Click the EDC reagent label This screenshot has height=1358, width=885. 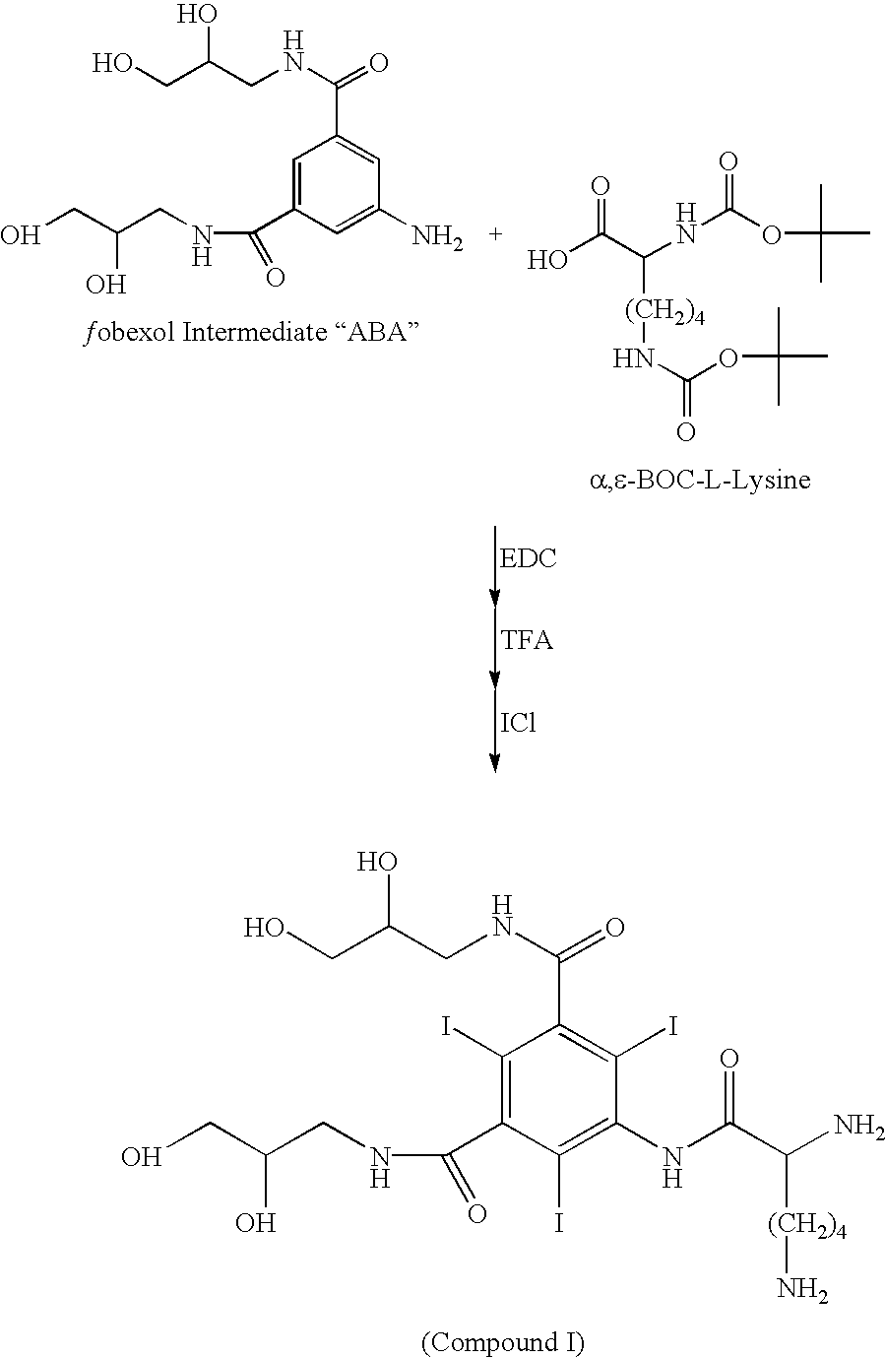(x=528, y=558)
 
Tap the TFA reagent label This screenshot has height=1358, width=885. (x=527, y=640)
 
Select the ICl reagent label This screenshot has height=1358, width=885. (x=518, y=722)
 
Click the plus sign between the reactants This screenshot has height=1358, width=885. (x=496, y=234)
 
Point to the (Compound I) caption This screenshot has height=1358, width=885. (x=502, y=1341)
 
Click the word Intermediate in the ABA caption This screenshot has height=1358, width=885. (x=254, y=332)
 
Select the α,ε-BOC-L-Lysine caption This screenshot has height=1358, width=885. (x=700, y=480)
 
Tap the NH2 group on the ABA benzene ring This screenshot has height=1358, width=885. (x=437, y=236)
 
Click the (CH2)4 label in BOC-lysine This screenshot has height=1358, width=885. (x=664, y=314)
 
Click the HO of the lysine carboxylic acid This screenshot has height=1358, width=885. (x=547, y=261)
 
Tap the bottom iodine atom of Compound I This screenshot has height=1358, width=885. (x=559, y=1223)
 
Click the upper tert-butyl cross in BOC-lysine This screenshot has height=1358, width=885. (x=821, y=232)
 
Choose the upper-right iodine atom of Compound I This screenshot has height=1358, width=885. (x=672, y=1027)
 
